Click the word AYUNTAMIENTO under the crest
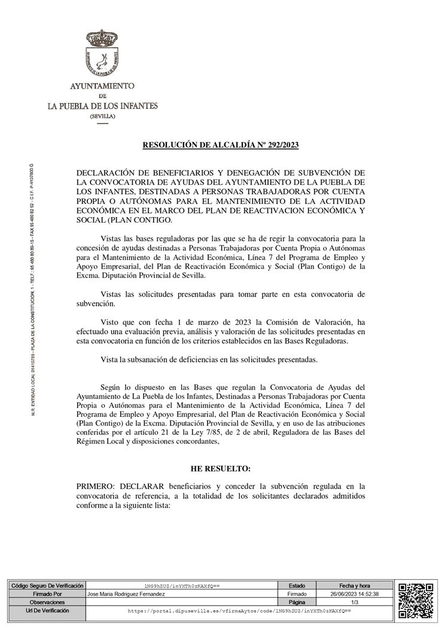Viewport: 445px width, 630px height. point(102,86)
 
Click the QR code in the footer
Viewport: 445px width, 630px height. point(416,599)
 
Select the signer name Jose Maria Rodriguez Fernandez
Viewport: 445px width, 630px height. point(126,594)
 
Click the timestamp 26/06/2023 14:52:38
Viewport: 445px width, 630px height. point(355,594)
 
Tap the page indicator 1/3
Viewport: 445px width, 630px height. point(355,602)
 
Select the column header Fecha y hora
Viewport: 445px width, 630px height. point(355,586)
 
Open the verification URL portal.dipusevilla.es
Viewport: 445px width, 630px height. point(239,611)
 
